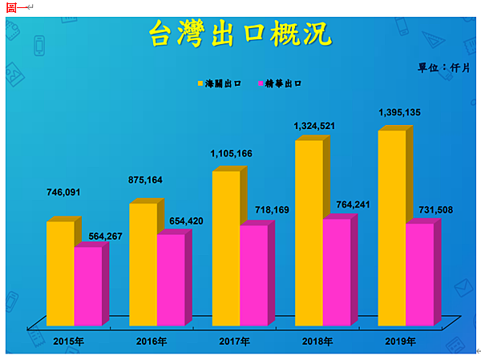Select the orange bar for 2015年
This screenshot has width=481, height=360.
60,273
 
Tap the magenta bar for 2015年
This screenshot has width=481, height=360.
88,285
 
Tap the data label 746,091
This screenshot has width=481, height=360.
64,192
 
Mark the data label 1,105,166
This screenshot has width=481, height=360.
232,153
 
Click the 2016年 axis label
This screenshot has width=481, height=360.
152,342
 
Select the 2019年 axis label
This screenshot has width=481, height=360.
400,342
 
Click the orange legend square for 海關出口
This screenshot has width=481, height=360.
200,83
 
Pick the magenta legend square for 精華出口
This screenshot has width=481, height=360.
261,83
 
